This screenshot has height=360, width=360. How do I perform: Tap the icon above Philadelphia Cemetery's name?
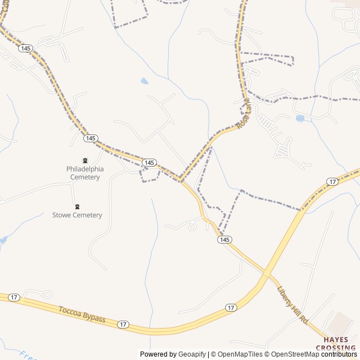85,160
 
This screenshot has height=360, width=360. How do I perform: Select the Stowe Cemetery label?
77,215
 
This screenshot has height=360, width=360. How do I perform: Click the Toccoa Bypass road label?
82,314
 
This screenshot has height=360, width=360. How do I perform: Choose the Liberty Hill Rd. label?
293,304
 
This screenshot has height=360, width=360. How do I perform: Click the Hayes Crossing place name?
340,344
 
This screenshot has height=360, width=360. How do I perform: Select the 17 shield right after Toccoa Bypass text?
123,325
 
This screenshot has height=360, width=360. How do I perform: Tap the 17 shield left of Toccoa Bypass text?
13,296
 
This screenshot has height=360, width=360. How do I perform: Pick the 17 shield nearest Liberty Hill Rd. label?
231,308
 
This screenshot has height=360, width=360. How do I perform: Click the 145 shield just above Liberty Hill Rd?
224,240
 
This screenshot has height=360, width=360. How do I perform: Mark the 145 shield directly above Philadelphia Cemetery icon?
91,138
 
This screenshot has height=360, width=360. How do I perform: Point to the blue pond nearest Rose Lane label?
300,119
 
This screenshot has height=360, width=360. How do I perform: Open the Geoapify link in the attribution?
192,354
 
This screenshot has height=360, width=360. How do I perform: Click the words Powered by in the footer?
158,354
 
